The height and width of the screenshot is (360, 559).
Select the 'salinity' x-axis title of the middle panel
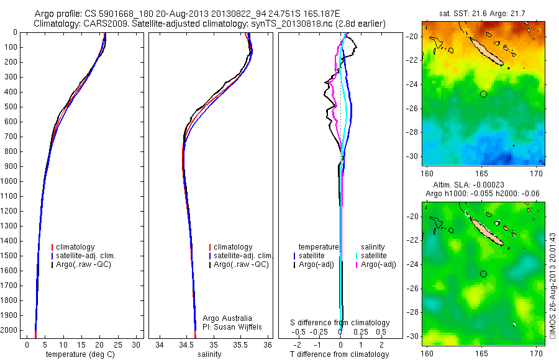(x=210, y=354)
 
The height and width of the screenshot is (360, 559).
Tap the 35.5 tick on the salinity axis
(x=241, y=344)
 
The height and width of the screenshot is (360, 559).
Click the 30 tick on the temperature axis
(x=137, y=344)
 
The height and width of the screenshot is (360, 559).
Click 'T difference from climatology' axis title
(x=339, y=354)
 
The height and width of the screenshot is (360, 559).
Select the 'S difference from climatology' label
(x=340, y=323)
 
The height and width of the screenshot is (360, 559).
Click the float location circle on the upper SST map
(x=483, y=94)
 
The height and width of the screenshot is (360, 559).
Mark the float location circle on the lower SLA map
(x=483, y=274)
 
